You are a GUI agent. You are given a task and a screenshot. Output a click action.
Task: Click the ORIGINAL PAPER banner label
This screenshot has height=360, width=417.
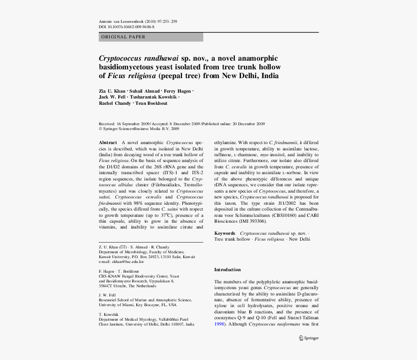[x=123, y=37]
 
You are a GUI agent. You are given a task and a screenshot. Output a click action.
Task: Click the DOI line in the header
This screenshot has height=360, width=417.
[x=127, y=27]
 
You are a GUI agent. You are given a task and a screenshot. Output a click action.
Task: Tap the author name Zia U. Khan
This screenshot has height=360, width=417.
[x=112, y=91]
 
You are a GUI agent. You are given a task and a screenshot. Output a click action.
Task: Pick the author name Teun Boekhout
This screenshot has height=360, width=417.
[x=151, y=103]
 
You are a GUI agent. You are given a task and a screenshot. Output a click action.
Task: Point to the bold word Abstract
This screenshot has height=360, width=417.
[x=108, y=142]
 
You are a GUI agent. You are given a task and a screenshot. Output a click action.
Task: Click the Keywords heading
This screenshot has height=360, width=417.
[x=225, y=233]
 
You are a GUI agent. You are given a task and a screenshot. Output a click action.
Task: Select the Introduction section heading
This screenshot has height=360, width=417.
[x=227, y=270]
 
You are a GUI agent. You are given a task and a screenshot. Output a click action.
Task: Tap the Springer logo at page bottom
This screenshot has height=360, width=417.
[x=308, y=338]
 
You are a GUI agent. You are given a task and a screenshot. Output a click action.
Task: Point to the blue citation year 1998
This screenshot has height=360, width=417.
[x=219, y=324]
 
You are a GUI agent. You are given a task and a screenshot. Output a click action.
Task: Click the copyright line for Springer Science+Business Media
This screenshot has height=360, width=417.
[x=139, y=129]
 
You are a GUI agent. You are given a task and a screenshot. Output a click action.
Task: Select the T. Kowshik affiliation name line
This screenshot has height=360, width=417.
[x=109, y=314]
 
